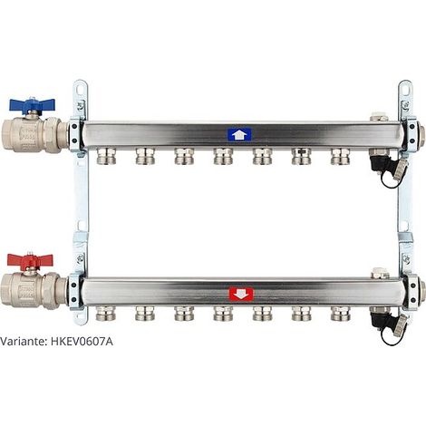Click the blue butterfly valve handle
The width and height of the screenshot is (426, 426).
32,104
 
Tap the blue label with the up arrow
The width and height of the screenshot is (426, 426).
239,134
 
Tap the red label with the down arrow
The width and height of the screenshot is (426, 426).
241,295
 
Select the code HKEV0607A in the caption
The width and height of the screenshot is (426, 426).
82,342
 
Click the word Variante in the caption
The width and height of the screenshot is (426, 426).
24,342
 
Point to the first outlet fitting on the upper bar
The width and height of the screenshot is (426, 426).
106,156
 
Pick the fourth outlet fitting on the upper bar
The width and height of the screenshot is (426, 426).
223,156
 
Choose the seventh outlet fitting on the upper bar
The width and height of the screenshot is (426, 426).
341,156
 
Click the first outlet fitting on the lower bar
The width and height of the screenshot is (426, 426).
106,314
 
